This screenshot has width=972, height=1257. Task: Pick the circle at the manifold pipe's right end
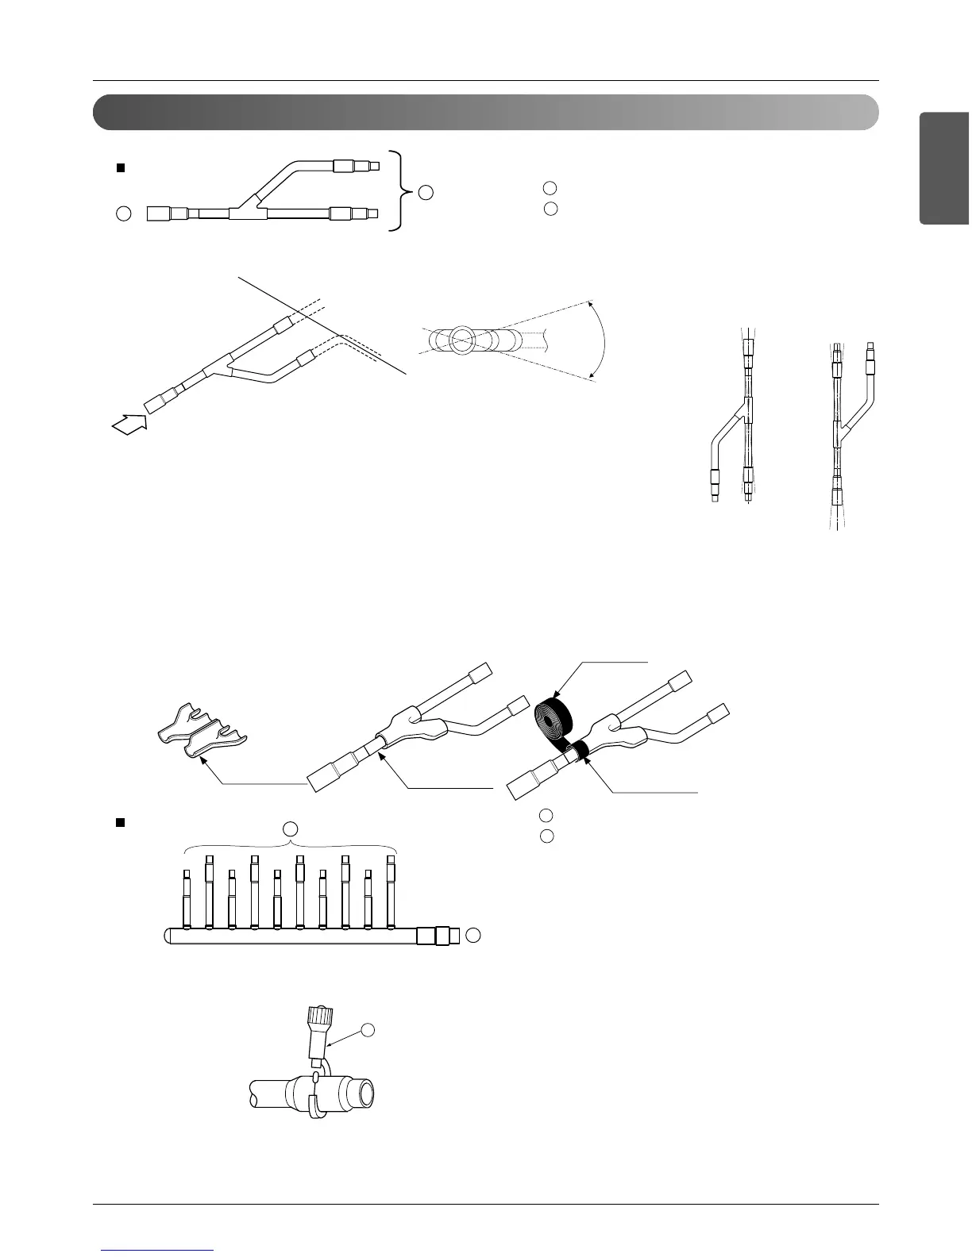(473, 935)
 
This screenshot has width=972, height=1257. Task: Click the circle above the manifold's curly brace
(291, 829)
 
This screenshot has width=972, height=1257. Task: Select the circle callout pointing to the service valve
(368, 1029)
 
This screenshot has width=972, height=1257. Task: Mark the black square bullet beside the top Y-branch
(121, 167)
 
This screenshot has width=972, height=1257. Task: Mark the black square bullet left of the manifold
(121, 823)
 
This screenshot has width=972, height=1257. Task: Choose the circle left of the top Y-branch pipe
(122, 213)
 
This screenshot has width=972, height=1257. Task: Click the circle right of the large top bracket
(426, 191)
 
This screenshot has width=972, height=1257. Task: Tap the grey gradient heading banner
(485, 113)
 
